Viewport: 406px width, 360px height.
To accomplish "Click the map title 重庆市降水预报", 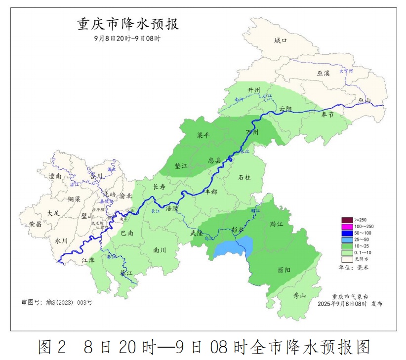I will tap(128, 24).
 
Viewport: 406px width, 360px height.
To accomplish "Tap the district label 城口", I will tap(281, 41).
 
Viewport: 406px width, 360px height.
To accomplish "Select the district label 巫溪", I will tap(323, 73).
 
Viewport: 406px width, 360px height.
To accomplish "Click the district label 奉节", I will tap(327, 114).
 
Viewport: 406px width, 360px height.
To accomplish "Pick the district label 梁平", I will tap(203, 135).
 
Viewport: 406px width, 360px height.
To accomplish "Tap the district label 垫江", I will tap(181, 166).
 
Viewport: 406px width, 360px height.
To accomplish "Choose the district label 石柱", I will tap(244, 177).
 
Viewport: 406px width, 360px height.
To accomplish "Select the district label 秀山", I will tap(300, 296).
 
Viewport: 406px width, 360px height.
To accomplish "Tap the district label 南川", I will tap(160, 250).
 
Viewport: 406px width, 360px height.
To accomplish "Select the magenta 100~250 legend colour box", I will tap(346, 226).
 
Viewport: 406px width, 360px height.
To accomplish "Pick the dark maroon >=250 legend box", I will tap(346, 220).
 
